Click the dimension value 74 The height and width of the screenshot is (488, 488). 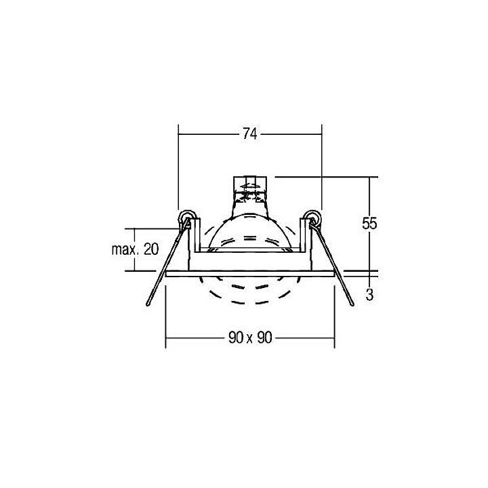249,134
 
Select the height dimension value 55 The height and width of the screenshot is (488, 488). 369,224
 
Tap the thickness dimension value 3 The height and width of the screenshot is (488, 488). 369,295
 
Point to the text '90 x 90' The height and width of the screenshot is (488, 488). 249,338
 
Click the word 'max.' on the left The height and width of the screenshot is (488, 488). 125,249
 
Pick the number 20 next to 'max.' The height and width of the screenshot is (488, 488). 151,249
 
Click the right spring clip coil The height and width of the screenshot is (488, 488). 312,218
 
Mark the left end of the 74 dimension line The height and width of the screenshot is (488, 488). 178,134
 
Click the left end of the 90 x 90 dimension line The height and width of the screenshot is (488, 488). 166,338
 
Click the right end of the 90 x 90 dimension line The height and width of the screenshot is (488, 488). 334,338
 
